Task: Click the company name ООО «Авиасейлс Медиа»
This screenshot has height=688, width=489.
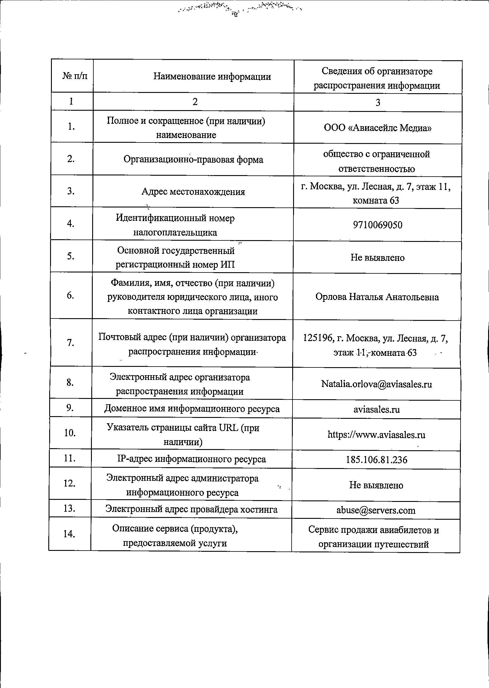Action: click(x=378, y=128)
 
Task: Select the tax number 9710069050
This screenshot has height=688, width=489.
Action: click(x=378, y=225)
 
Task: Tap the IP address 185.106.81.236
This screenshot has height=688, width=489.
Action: click(x=377, y=460)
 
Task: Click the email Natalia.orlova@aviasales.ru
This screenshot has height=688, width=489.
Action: click(x=377, y=384)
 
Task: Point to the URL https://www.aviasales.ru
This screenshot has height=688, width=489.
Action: click(x=376, y=435)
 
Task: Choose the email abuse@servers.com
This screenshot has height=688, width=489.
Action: click(x=376, y=510)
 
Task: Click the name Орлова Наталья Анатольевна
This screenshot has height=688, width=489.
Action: click(x=377, y=297)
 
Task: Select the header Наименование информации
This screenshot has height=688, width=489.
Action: click(x=212, y=77)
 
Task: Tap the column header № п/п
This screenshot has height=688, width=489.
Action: click(x=75, y=76)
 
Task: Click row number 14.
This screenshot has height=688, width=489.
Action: click(x=69, y=534)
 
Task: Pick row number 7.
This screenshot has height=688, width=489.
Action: click(x=71, y=343)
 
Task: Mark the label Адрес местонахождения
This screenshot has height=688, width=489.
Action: click(x=193, y=192)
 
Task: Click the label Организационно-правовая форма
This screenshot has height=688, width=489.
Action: click(x=193, y=159)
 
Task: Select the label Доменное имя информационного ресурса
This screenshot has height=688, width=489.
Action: click(x=192, y=409)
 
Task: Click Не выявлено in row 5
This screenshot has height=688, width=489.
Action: click(x=377, y=257)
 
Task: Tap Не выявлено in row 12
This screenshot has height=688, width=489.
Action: click(x=376, y=485)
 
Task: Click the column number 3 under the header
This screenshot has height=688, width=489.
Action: click(x=378, y=103)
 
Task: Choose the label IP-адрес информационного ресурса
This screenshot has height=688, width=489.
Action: click(x=191, y=459)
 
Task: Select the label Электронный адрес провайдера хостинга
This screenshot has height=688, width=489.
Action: click(x=191, y=509)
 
